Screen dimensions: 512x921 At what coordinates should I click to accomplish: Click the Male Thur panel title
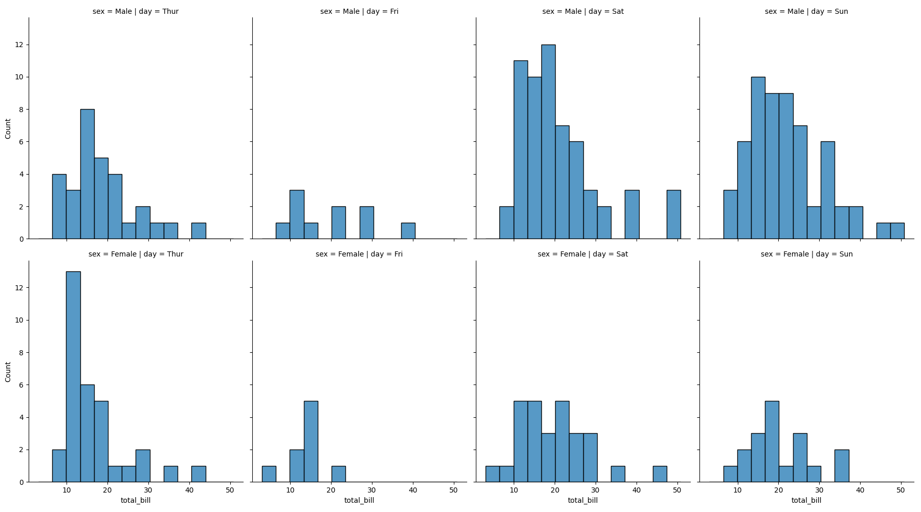(136, 11)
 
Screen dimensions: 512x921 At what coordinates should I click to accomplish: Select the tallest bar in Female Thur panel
(73, 376)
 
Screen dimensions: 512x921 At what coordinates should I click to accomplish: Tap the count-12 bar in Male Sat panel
(548, 142)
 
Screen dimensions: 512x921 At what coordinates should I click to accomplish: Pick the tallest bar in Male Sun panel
(758, 158)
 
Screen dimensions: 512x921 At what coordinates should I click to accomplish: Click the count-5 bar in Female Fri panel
(311, 441)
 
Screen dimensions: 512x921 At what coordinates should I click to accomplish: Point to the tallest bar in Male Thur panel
(87, 174)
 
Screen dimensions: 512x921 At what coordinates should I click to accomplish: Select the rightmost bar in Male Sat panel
(673, 215)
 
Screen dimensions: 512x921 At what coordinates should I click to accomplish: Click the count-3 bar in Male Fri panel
(297, 215)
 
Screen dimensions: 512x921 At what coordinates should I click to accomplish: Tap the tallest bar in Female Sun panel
(772, 441)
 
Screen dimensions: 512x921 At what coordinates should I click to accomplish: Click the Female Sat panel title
(583, 254)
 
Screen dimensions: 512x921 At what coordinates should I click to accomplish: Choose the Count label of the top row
(8, 129)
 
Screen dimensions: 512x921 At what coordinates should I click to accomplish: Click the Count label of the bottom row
(8, 372)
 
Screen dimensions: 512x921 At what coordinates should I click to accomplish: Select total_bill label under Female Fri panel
(359, 500)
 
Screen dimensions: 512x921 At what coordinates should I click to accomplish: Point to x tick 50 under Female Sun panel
(901, 490)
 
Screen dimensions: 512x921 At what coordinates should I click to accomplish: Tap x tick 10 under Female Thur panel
(67, 490)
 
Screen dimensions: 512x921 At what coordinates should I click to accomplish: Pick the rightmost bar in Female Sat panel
(660, 474)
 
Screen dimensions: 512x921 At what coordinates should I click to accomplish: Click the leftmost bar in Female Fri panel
(269, 474)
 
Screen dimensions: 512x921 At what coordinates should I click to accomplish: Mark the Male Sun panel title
(806, 11)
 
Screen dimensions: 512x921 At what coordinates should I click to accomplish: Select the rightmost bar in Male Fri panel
(408, 231)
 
